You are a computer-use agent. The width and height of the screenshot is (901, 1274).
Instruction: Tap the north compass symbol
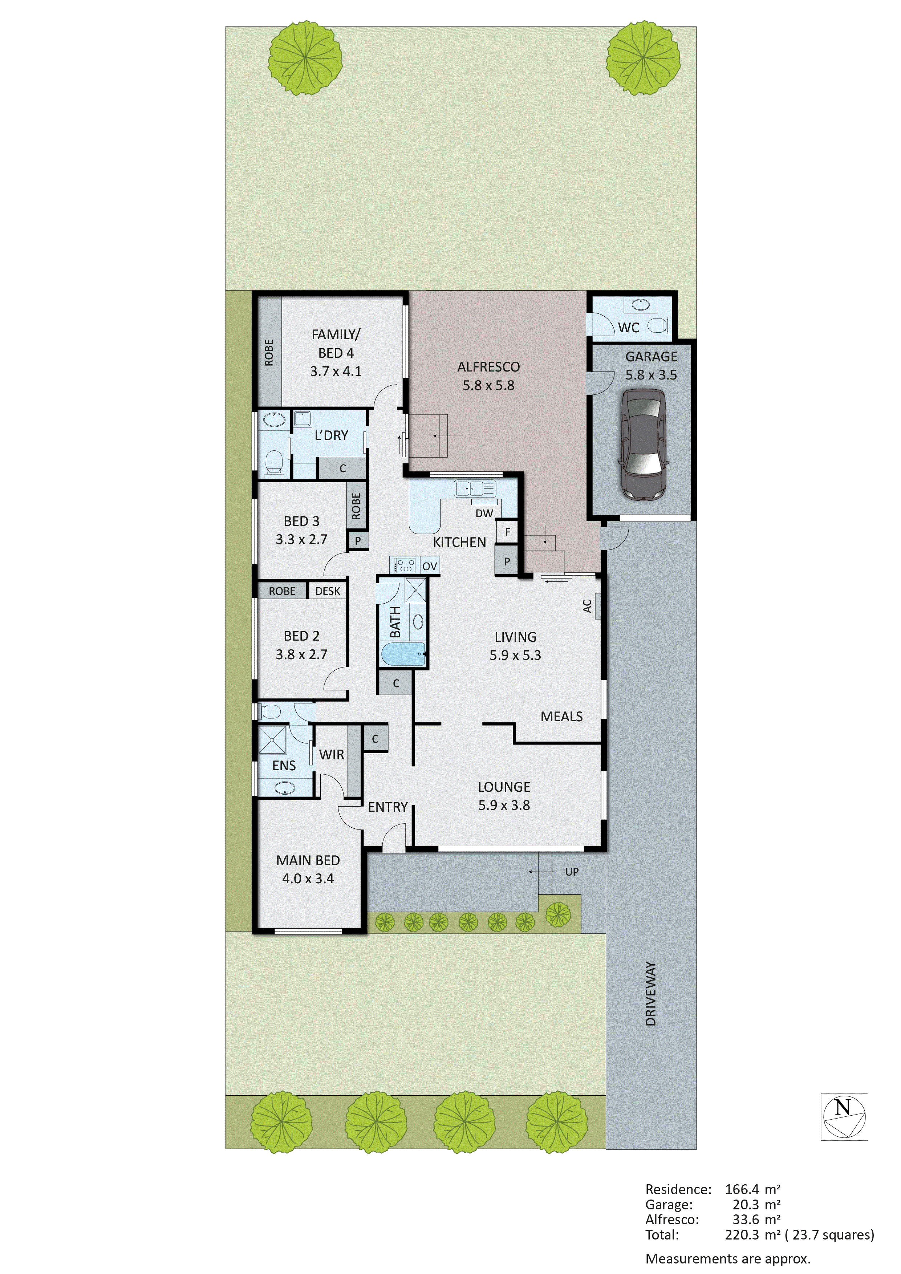point(844,1117)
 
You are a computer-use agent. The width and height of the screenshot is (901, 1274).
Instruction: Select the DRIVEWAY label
point(651,994)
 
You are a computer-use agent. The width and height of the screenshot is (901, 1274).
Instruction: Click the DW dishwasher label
point(484,513)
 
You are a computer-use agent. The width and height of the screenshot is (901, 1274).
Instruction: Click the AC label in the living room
point(587,606)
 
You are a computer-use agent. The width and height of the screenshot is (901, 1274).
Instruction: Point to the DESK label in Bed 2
point(327,591)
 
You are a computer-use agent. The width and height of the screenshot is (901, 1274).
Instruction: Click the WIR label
point(331,755)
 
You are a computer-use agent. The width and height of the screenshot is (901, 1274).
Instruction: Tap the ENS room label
point(284,766)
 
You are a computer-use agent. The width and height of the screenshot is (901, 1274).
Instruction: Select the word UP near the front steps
point(572,872)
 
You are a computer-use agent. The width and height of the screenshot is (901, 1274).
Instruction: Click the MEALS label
point(561,716)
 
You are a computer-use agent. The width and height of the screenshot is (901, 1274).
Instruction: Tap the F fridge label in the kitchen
point(507,532)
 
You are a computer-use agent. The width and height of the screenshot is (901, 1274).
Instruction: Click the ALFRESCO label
point(488,367)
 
